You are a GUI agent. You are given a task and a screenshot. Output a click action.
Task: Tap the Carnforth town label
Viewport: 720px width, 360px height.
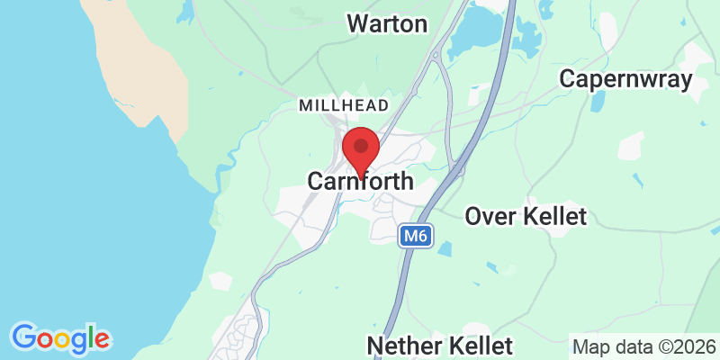click(x=361, y=181)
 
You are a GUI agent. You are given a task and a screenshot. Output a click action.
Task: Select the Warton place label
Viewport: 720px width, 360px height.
click(x=387, y=23)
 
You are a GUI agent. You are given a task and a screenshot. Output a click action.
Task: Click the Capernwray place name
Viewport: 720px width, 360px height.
click(x=625, y=79)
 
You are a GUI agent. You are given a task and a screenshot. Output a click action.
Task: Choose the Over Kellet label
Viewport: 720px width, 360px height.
click(x=526, y=216)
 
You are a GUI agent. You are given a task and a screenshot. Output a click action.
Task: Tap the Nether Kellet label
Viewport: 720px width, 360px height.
click(x=440, y=346)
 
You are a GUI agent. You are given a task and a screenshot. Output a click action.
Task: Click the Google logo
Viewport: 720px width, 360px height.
click(x=60, y=338)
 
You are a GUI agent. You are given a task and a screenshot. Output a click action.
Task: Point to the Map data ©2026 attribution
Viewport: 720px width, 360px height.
click(x=643, y=346)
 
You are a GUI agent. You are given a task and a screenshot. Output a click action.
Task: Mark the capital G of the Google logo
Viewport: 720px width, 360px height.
click(x=24, y=337)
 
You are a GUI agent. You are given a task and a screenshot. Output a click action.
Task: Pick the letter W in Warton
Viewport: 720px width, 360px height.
click(x=357, y=23)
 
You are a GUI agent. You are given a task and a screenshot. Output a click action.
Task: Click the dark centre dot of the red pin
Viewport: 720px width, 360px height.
click(x=362, y=145)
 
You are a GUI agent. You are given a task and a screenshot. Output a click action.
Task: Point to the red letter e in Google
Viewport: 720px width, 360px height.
click(x=101, y=340)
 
